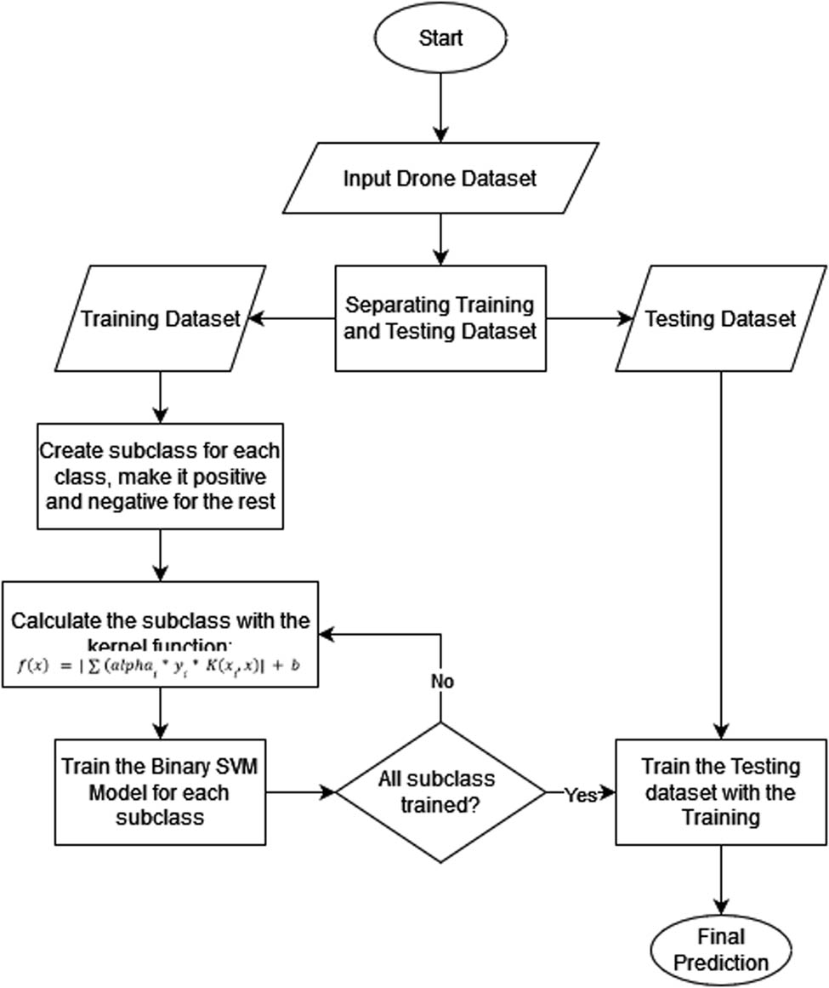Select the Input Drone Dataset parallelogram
tap(440, 180)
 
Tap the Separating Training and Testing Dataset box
tap(440, 318)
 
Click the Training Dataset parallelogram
tap(159, 319)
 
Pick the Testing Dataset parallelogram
tap(720, 319)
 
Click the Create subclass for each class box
tap(160, 475)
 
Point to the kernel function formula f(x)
tap(159, 665)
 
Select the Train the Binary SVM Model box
tap(159, 792)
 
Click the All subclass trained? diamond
tap(440, 792)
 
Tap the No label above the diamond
tap(442, 682)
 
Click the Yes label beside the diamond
tap(582, 795)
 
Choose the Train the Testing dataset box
tap(720, 792)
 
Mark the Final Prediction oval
tap(721, 950)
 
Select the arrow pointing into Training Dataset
tap(293, 319)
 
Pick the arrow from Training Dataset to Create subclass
tap(160, 397)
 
